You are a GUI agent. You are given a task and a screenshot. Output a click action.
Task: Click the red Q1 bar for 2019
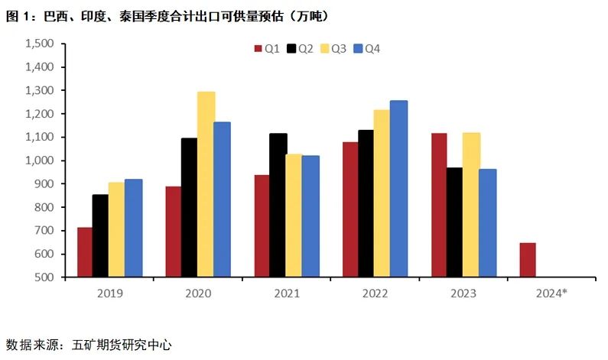[84, 252]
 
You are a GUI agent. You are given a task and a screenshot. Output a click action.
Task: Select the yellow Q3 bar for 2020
[206, 184]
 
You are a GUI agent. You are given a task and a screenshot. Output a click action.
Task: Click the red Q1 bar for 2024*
[527, 260]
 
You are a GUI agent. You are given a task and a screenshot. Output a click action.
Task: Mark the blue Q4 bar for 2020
[222, 199]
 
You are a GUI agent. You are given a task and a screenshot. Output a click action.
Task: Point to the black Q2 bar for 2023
[455, 222]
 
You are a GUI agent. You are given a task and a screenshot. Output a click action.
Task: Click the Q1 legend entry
[266, 49]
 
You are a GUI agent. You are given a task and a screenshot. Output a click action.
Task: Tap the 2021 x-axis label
[286, 294]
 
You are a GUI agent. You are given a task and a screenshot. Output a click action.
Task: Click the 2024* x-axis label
[551, 294]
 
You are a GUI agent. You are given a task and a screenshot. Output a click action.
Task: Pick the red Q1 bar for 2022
[350, 209]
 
